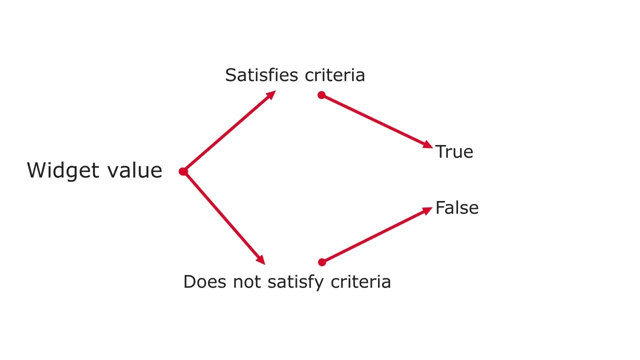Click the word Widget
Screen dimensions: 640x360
pyautogui.click(x=63, y=171)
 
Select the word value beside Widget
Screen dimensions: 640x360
pyautogui.click(x=135, y=170)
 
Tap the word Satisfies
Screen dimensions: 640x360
pyautogui.click(x=261, y=75)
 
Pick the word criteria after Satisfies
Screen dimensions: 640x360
pyautogui.click(x=335, y=75)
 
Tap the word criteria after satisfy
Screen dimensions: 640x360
pyautogui.click(x=361, y=281)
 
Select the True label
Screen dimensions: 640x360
pyautogui.click(x=454, y=151)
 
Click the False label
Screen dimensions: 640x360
pyautogui.click(x=457, y=207)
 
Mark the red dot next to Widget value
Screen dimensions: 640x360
pyautogui.click(x=183, y=171)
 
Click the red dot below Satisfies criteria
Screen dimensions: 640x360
pyautogui.click(x=321, y=95)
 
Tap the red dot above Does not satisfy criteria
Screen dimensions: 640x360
pyautogui.click(x=322, y=262)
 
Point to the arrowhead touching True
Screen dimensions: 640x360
pyautogui.click(x=427, y=145)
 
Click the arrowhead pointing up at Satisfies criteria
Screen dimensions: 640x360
pyautogui.click(x=270, y=95)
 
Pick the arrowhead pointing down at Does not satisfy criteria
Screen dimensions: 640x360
pyautogui.click(x=260, y=259)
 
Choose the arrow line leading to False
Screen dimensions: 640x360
pyautogui.click(x=377, y=235)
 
